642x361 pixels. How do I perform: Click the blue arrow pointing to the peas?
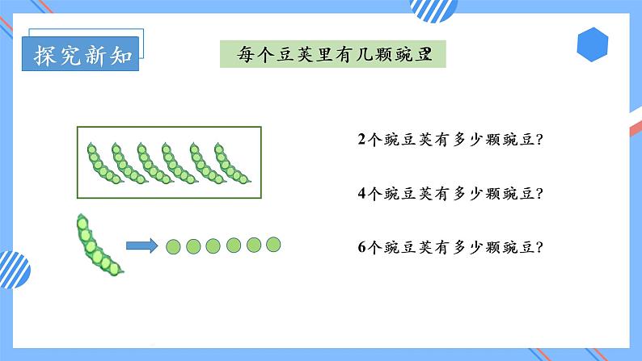point(141,245)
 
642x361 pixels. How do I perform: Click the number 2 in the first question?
point(361,139)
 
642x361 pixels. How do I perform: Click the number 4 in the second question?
point(361,193)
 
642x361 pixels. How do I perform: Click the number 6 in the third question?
point(361,247)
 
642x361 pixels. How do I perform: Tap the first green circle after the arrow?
point(174,246)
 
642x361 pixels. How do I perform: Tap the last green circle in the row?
point(273,244)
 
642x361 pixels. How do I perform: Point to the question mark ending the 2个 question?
point(539,139)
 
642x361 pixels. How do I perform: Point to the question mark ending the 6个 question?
point(539,247)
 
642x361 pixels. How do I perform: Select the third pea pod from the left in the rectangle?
point(150,162)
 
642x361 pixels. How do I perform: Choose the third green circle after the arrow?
point(213,245)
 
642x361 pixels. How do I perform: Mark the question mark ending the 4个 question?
point(539,193)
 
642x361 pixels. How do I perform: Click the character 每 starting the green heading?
point(247,55)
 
